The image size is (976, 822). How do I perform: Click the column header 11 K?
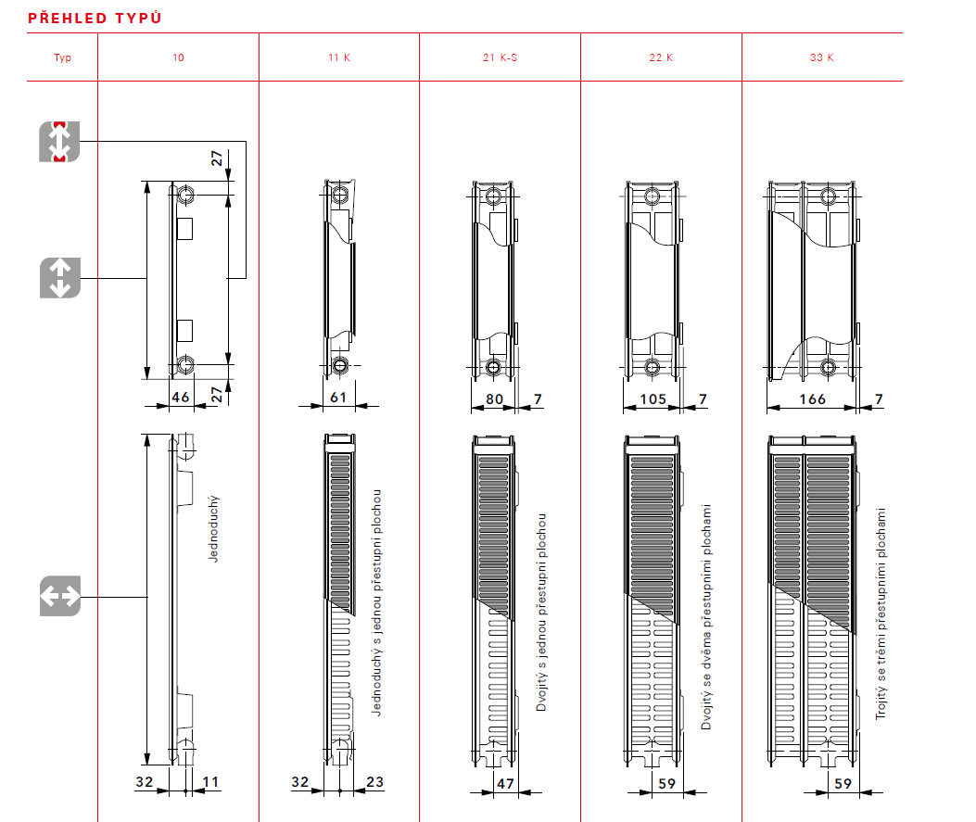[x=338, y=57]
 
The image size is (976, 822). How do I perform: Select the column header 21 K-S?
[x=500, y=57]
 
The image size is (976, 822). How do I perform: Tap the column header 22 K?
[x=661, y=57]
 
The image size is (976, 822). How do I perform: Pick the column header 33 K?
[x=822, y=57]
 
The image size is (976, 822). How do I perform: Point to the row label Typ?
[x=62, y=57]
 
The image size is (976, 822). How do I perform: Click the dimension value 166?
[x=812, y=398]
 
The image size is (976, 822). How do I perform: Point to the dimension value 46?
[x=180, y=397]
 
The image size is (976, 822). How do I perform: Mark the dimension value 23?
[x=374, y=782]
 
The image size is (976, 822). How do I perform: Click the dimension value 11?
[x=210, y=782]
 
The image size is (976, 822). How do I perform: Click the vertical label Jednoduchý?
[x=214, y=529]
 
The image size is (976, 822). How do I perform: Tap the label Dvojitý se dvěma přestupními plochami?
[x=706, y=617]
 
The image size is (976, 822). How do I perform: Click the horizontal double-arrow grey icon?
[x=60, y=596]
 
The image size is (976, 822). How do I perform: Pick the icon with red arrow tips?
[x=60, y=142]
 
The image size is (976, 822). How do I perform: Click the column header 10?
[x=178, y=57]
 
